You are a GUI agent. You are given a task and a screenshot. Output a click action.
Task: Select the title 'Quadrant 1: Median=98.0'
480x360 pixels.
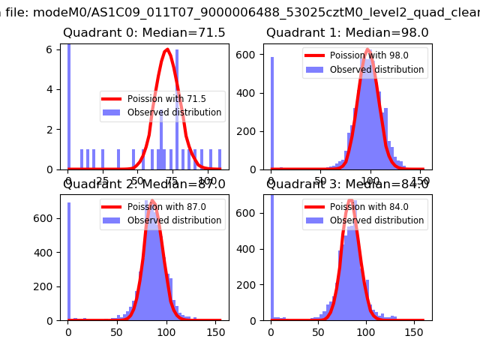coord(347,33)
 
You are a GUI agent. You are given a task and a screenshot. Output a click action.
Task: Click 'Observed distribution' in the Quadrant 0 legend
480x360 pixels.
coord(174,112)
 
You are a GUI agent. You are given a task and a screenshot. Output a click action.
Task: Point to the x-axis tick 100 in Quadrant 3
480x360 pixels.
coord(367,331)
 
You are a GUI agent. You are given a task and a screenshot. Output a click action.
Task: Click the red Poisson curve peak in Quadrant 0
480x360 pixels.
coord(166,50)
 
